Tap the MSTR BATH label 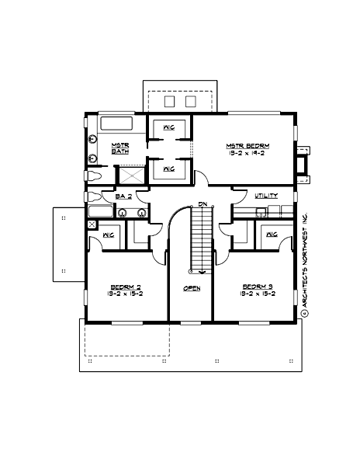119,149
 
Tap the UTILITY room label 266,196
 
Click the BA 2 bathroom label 124,196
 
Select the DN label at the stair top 202,204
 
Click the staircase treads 201,237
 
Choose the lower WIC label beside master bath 168,168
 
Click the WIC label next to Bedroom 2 109,234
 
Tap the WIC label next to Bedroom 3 272,234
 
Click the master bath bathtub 116,123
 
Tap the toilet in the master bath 95,176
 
